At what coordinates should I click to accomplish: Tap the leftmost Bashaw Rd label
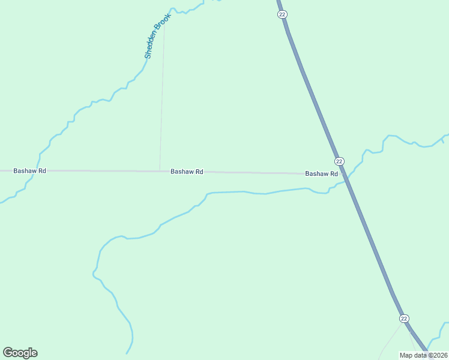coord(30,171)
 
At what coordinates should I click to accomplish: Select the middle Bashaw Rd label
coord(187,172)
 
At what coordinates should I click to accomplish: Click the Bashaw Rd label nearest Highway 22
coord(322,174)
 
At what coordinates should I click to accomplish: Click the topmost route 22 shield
coord(282,14)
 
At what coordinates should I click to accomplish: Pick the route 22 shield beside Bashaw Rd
coord(339,161)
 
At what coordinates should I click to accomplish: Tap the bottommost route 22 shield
coord(404,318)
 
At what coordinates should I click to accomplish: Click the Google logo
coord(20,353)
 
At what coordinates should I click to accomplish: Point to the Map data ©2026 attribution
coord(423,355)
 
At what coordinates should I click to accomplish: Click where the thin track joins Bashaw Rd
coord(160,171)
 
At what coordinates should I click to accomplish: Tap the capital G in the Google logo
coord(8,353)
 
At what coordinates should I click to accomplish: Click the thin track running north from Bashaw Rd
coord(162,102)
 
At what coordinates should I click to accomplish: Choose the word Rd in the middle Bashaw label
coord(199,172)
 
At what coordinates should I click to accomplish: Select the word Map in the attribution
coord(406,355)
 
